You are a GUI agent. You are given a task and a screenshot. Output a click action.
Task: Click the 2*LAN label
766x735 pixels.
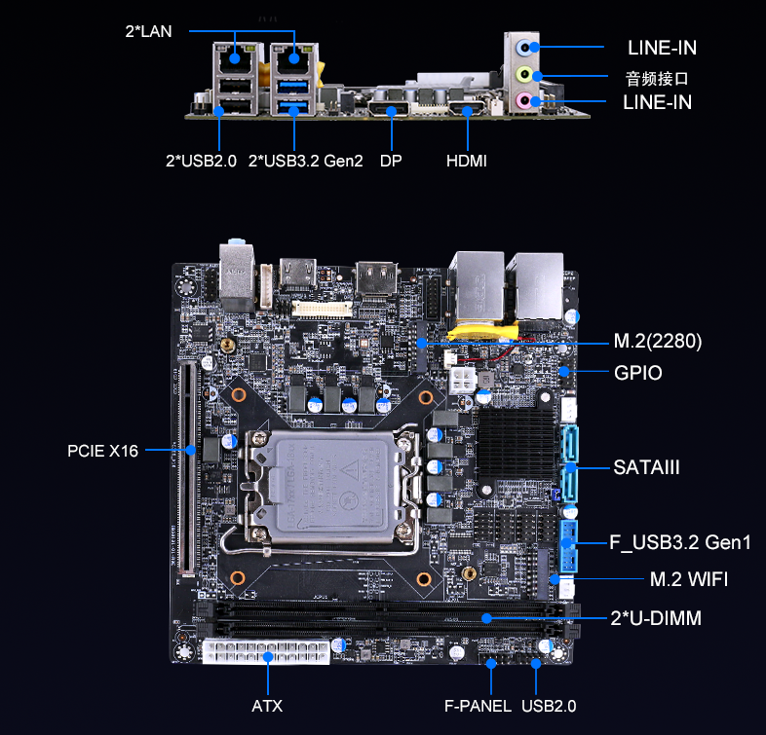tap(148, 31)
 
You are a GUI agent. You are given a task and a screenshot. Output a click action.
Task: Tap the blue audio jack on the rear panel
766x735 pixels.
tap(524, 48)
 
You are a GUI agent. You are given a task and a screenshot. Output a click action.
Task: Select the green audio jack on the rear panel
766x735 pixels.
tap(524, 75)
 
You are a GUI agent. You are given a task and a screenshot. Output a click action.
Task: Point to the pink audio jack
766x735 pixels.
tap(524, 101)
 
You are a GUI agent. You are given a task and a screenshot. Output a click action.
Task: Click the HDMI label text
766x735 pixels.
tap(467, 161)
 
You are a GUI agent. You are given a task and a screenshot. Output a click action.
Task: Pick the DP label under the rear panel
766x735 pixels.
tap(391, 161)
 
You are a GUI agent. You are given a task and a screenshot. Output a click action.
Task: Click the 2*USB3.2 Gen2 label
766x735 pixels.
tap(306, 161)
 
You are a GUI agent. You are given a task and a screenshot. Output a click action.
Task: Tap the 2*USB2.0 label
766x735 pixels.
tap(202, 161)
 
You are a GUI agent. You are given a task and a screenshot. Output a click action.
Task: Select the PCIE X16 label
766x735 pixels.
tap(103, 451)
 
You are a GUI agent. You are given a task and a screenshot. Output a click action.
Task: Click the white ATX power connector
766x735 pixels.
tap(266, 650)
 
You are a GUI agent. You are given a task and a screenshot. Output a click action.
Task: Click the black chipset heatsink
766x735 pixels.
tap(517, 444)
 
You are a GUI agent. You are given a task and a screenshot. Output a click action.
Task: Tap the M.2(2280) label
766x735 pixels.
tap(658, 341)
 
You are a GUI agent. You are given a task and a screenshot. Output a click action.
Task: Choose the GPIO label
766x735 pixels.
tap(638, 373)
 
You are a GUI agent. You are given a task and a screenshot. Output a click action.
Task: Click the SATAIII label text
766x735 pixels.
tap(646, 467)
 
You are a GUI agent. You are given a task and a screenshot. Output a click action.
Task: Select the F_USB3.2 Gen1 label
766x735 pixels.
tap(679, 542)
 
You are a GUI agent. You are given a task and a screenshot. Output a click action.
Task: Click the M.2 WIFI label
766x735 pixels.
tap(689, 579)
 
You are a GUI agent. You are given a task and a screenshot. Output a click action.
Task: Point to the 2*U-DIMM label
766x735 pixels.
tap(656, 618)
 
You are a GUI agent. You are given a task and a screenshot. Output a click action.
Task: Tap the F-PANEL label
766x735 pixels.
tap(478, 706)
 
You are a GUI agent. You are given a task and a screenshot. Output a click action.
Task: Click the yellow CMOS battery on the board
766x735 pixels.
tap(482, 332)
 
